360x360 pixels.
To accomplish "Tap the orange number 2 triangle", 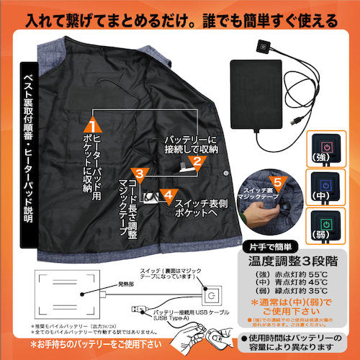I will [194, 147].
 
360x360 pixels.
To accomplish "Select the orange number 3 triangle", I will [143, 174].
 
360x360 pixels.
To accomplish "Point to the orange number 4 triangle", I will [167, 194].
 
